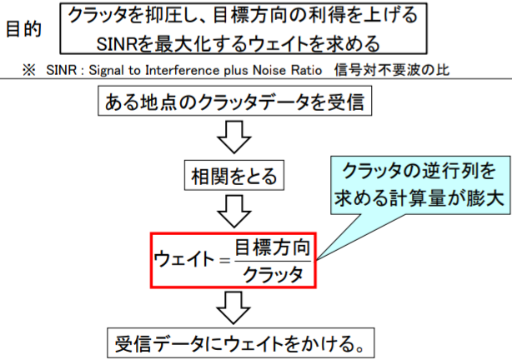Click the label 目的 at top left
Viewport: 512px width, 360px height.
24,27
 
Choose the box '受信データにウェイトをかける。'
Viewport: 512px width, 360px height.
234,342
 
